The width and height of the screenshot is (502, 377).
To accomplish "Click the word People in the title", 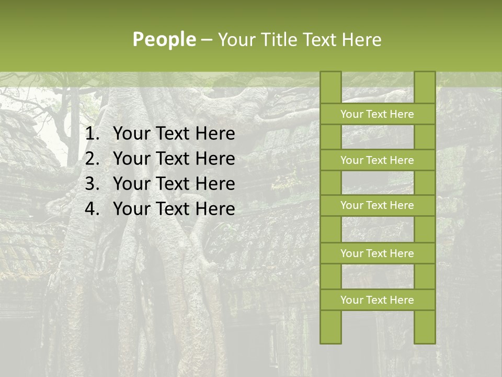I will tap(164, 39).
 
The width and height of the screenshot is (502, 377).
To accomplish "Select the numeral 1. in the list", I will tap(93, 134).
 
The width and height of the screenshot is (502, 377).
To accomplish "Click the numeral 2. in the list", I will tap(93, 159).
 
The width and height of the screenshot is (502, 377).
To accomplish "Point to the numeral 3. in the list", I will tap(93, 184).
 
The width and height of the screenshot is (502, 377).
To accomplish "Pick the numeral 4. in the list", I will tap(93, 209).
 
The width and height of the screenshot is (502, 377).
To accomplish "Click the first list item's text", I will tap(174, 134).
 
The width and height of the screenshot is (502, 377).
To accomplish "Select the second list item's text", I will tap(174, 159).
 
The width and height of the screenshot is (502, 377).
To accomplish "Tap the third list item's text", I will tap(174, 184).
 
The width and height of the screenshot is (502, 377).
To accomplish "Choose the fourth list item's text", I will tap(174, 209).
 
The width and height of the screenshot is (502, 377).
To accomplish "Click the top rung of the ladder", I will tap(377, 114).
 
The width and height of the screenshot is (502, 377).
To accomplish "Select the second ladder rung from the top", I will tap(377, 160).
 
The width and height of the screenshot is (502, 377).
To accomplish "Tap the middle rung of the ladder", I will tap(377, 205).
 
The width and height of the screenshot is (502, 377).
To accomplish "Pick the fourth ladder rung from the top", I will tap(377, 253).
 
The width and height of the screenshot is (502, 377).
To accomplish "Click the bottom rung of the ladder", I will tap(377, 300).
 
